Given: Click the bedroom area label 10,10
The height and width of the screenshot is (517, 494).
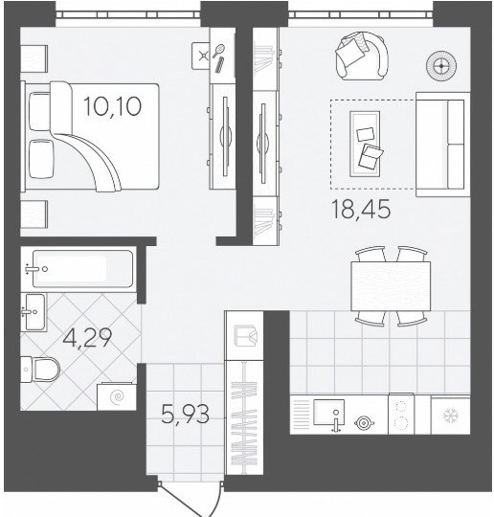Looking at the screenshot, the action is pos(112,106).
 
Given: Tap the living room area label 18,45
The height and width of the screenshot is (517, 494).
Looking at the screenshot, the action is pos(361,210).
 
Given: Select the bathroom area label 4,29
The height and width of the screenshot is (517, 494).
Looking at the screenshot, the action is pos(87,337).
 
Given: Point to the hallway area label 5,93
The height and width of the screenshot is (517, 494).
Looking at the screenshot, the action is pos(186,415).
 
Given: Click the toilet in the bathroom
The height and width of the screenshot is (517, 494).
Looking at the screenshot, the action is pos(40,370).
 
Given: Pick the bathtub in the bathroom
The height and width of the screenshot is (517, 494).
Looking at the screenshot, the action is pos(79,269).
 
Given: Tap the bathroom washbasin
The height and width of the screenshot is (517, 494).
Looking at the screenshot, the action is pos(34,311).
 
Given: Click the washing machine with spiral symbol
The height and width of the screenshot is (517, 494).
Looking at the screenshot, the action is pos(117,396).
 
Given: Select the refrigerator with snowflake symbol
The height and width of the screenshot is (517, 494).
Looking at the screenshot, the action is pos(451,416).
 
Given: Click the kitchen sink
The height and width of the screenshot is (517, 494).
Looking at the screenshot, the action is pos(328,412).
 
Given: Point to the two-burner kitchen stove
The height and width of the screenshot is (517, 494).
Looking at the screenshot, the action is pos(401,414).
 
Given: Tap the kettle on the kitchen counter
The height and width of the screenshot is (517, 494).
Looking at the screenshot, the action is pos(364,423).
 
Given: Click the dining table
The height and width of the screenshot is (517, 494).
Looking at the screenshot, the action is pos(391,286).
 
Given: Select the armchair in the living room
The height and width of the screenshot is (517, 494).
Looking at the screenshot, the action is pos(362,56).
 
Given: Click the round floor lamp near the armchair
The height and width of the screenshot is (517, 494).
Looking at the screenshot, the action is pos(441,66).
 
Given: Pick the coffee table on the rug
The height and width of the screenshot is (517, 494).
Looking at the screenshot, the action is pos(365,144).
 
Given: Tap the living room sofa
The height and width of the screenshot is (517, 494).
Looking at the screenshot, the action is pos(443,145).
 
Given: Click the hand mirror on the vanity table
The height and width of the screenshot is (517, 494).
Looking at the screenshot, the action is pos(218,51).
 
